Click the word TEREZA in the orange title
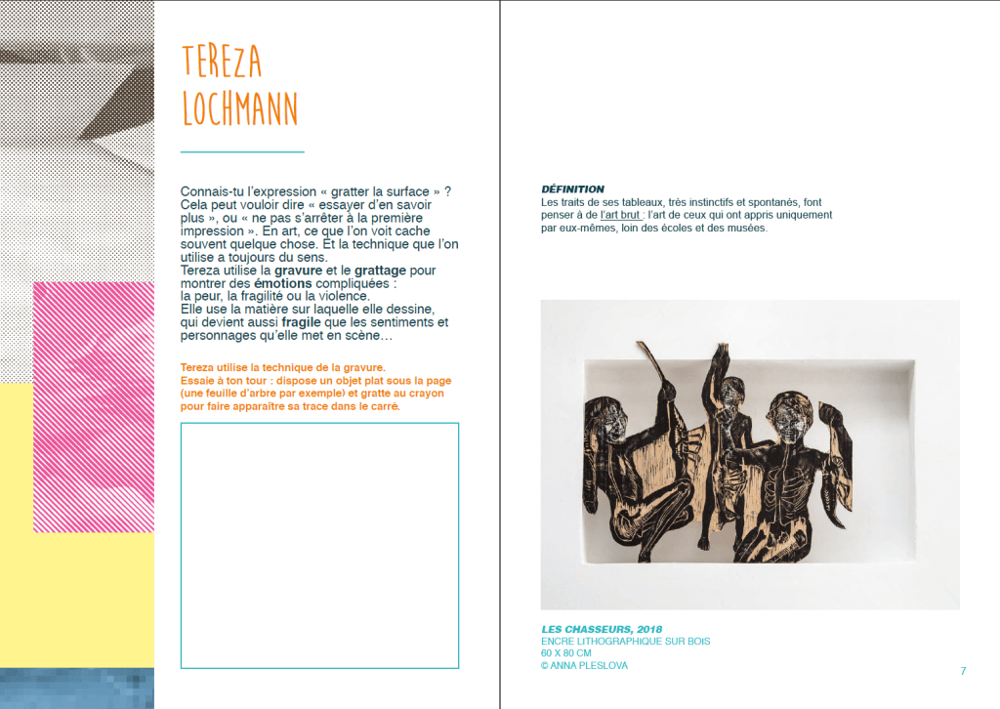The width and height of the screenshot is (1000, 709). click(222, 62)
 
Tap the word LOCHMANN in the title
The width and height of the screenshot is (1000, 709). click(240, 109)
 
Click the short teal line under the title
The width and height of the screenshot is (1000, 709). click(242, 152)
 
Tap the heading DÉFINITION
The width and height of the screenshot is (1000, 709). click(572, 188)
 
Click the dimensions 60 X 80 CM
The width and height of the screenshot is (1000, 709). click(566, 653)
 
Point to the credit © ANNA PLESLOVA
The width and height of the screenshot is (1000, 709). click(585, 666)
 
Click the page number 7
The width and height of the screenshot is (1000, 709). click(963, 671)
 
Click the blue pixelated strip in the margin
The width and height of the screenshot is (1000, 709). click(76, 688)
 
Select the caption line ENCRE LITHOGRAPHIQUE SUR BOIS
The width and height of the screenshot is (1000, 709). click(625, 642)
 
